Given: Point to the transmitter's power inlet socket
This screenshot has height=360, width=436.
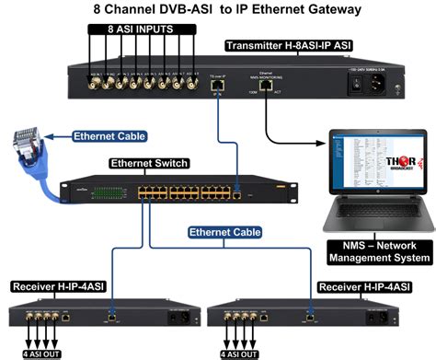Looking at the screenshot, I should click(378, 83).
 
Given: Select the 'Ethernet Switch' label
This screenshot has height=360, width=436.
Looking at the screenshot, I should click(148, 164).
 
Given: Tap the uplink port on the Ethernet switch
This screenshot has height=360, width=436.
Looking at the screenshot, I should click(237, 194).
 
